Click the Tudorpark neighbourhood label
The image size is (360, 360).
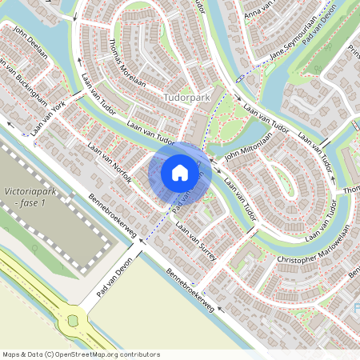tap(186, 97)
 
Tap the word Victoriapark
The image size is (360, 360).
tap(28, 193)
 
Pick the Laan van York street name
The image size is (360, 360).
tap(49, 117)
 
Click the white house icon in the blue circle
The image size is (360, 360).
tap(179, 173)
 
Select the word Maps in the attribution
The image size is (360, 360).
tap(12, 354)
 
